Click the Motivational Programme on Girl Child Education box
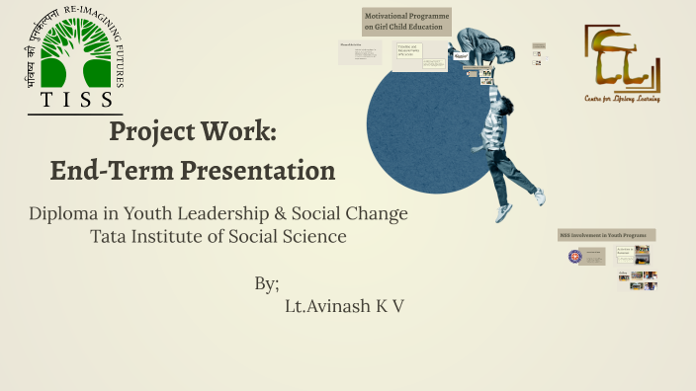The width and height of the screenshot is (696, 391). pyautogui.click(x=406, y=22)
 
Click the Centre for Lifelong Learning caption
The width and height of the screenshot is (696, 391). pyautogui.click(x=621, y=99)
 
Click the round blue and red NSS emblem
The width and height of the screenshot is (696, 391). pyautogui.click(x=574, y=257)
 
